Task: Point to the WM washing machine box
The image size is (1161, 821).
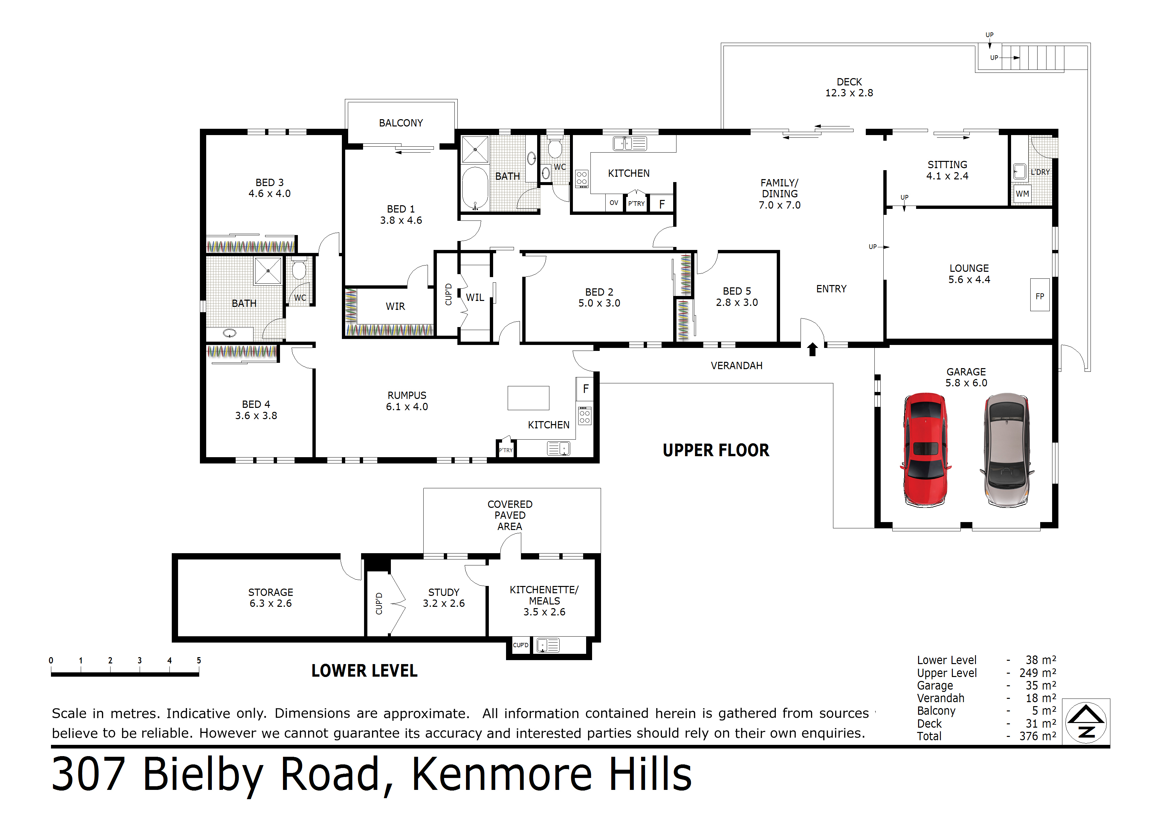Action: pos(1022,194)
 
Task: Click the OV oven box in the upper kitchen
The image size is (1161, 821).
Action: pos(614,203)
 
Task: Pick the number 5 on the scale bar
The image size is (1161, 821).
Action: pos(199,660)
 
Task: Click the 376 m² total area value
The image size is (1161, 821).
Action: pos(1037,736)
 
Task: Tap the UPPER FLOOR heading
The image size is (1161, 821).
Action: pos(716,450)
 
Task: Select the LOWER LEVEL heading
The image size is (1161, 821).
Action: pos(364,671)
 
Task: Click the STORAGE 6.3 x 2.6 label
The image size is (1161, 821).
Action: pos(270,598)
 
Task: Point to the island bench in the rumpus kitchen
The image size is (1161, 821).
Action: pos(529,398)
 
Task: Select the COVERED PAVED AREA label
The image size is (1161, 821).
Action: pos(510,515)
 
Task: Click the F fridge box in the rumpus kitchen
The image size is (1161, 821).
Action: pos(585,389)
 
